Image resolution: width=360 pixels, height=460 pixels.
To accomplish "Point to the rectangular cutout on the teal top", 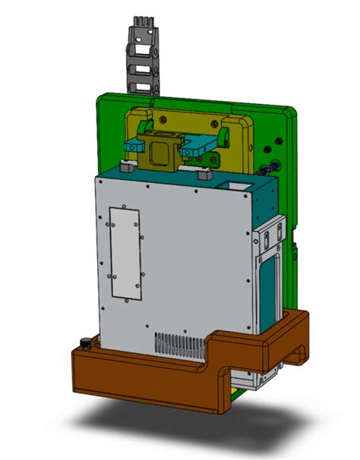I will coord(232,184).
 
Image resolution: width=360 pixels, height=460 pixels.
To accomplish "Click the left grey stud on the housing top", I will coord(128,170).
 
